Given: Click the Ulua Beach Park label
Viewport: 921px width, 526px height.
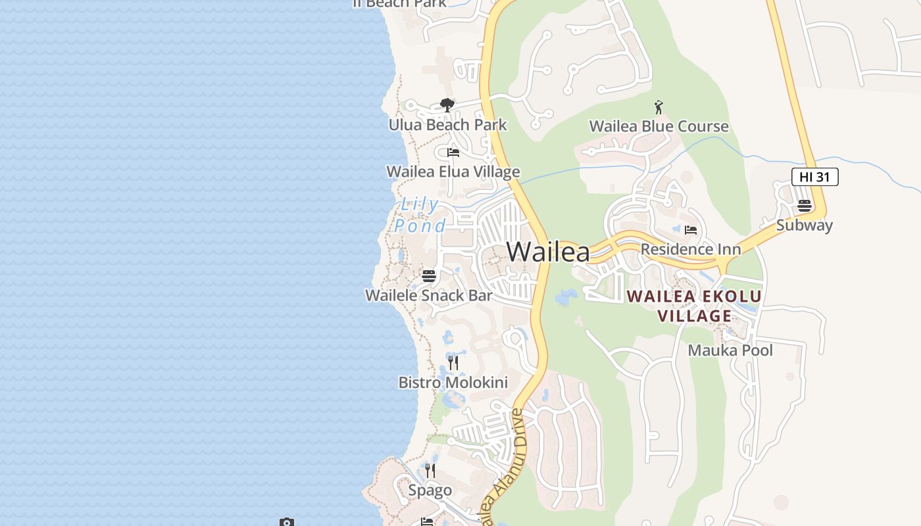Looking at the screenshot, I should (447, 125).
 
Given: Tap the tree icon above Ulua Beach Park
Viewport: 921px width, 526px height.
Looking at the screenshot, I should (447, 105).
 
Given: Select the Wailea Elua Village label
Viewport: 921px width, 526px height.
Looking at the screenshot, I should (453, 172).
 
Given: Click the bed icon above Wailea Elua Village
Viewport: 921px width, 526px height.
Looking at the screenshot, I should (453, 153).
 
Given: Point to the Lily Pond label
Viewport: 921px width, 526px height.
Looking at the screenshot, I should (420, 215).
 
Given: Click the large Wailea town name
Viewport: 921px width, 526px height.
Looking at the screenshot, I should (548, 252).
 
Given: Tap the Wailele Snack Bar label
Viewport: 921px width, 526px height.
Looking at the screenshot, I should (428, 295).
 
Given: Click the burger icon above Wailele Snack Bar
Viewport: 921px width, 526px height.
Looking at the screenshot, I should (429, 275).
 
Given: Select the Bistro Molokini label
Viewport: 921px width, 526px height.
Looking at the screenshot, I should (453, 382).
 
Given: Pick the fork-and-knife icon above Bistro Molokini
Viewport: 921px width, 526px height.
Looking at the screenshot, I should (453, 362).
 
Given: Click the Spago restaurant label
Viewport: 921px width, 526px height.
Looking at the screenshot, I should (430, 490).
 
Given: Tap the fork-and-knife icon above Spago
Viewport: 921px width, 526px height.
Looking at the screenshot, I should (430, 470).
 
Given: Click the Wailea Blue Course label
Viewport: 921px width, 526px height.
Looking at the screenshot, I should (659, 126).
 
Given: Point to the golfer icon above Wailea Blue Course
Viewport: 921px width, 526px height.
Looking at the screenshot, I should (659, 107).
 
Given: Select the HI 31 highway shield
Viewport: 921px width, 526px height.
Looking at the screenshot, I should (814, 177).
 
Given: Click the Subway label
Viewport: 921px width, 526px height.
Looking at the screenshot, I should (804, 226).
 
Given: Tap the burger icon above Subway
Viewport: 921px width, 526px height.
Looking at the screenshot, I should (804, 206).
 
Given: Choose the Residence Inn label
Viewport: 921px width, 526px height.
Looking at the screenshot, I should (690, 249).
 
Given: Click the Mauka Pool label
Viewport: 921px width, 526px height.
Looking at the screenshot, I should (730, 350).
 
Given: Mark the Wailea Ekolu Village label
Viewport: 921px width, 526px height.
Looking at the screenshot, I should (694, 306).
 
